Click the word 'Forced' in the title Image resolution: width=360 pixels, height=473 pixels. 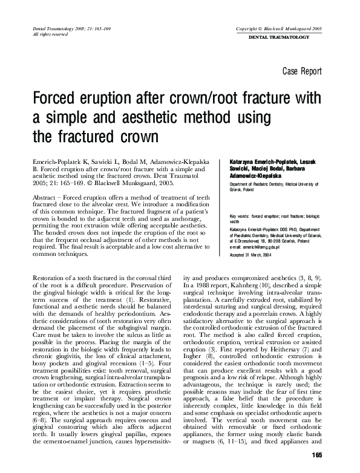click(59, 99)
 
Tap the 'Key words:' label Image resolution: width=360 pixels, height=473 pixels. click(240, 216)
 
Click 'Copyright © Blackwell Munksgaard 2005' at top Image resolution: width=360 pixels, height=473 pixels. click(280, 29)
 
